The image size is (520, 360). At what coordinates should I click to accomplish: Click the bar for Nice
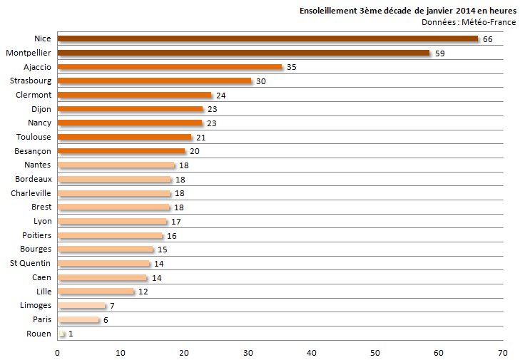point(267,38)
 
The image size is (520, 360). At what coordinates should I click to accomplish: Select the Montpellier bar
point(243,53)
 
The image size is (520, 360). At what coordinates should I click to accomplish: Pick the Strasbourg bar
point(154,81)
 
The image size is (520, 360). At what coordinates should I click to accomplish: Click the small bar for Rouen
point(61,334)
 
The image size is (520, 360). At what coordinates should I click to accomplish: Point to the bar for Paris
point(78,319)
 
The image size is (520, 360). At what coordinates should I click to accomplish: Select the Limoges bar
point(81,305)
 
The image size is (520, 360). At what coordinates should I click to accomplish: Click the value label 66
point(488,39)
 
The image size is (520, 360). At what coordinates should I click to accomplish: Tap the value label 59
point(440,53)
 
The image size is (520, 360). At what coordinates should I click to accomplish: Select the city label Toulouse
point(34,137)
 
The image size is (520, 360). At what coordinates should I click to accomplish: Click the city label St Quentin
point(30,263)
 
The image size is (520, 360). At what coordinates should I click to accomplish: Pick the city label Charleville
point(31,193)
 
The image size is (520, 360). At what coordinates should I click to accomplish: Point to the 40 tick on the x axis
point(312,352)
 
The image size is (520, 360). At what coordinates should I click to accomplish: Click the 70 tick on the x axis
point(502,352)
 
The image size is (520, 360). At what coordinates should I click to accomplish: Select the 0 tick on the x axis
point(57,352)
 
